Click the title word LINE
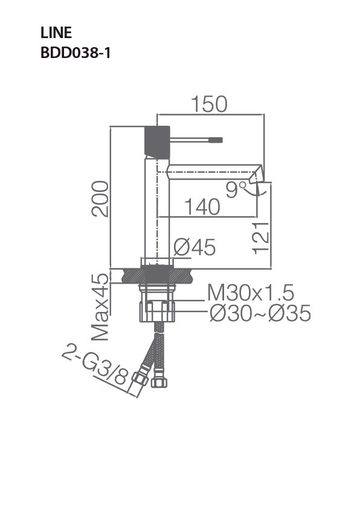56,33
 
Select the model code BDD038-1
75,53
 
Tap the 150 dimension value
209,105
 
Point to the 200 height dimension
100,198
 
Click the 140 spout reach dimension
202,207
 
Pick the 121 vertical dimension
260,236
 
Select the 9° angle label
233,190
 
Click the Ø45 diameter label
194,247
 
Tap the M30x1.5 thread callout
251,293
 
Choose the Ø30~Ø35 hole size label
260,313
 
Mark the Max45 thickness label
100,306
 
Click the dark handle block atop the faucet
157,142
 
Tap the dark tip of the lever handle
216,140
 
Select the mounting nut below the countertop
158,310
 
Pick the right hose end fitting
160,381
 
